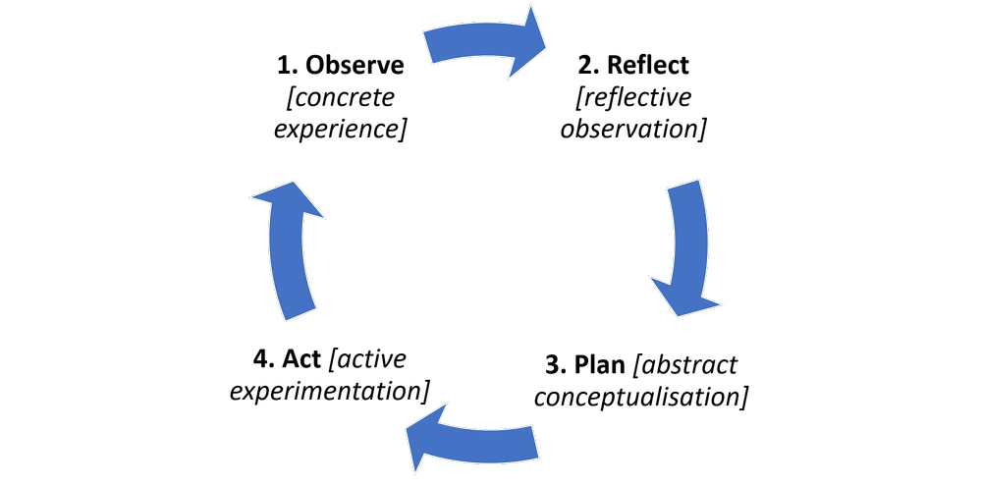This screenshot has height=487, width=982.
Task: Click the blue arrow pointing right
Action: click(481, 43)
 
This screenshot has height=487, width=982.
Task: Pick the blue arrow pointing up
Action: click(289, 250)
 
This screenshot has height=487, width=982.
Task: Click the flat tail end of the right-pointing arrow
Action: click(429, 46)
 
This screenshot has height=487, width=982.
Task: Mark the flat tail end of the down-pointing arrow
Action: click(684, 185)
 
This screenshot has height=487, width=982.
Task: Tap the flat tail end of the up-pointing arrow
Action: click(300, 313)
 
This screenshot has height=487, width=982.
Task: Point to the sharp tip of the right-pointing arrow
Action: click(545, 42)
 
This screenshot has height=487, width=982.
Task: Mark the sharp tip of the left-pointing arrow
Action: click(408, 430)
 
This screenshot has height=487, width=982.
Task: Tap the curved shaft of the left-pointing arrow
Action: click(491, 444)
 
